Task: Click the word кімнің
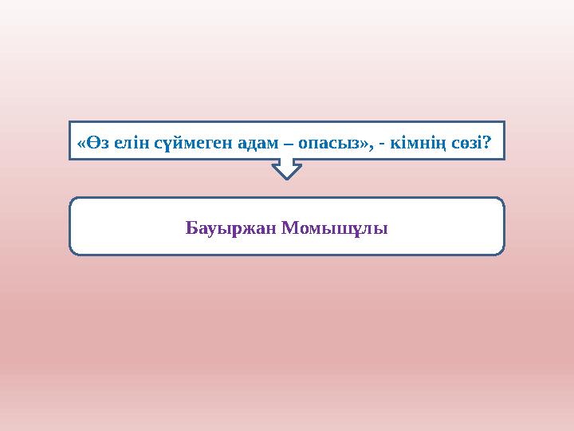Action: (419, 144)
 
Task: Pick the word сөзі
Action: (467, 144)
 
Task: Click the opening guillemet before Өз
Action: (81, 144)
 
